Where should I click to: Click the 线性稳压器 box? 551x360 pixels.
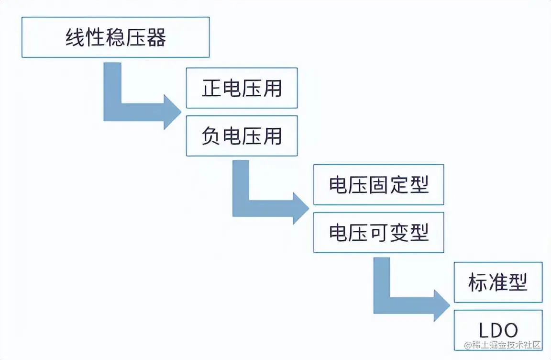pyautogui.click(x=115, y=37)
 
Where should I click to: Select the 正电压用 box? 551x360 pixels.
pyautogui.click(x=242, y=88)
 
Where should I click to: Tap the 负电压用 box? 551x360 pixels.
pyautogui.click(x=242, y=136)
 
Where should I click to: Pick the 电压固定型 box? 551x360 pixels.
pyautogui.click(x=378, y=185)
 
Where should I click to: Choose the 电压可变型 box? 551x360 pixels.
pyautogui.click(x=378, y=233)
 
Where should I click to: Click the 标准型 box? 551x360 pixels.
pyautogui.click(x=498, y=282)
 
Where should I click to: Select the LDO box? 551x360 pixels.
pyautogui.click(x=498, y=330)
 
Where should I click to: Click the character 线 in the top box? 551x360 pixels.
pyautogui.click(x=75, y=38)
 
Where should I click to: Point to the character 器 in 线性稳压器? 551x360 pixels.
pyautogui.click(x=156, y=38)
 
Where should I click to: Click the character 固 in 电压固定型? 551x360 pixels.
pyautogui.click(x=378, y=185)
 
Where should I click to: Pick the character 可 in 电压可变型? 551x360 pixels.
pyautogui.click(x=378, y=233)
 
